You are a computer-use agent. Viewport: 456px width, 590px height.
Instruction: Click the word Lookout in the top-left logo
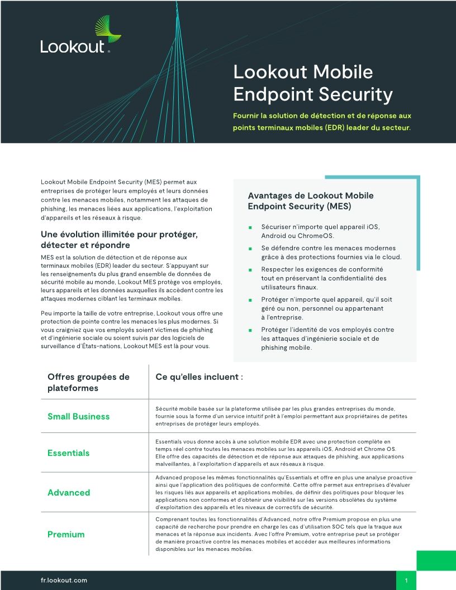coord(73,47)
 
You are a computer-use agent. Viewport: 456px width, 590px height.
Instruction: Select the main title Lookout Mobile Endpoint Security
coord(312,83)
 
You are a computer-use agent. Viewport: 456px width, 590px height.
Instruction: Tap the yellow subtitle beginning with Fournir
coord(322,121)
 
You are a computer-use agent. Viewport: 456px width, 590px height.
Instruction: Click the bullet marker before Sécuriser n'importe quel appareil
coord(251,228)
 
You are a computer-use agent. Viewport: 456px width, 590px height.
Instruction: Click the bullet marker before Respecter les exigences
coord(251,270)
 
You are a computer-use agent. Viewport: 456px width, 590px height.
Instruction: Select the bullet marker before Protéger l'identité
coord(251,330)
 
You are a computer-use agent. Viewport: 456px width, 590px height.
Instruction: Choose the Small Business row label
coord(78,416)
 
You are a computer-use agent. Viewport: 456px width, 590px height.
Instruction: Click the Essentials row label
coord(68,453)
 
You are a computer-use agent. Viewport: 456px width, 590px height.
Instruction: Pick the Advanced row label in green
coord(68,492)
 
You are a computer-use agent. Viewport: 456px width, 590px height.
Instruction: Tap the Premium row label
coord(66,534)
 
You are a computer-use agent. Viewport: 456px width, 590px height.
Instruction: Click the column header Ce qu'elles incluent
coord(199,377)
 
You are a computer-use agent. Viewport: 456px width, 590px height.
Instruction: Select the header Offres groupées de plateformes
coord(88,382)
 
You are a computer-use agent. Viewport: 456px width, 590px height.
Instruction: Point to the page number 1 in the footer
coord(406,581)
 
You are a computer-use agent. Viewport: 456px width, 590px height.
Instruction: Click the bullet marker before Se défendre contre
coord(251,249)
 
